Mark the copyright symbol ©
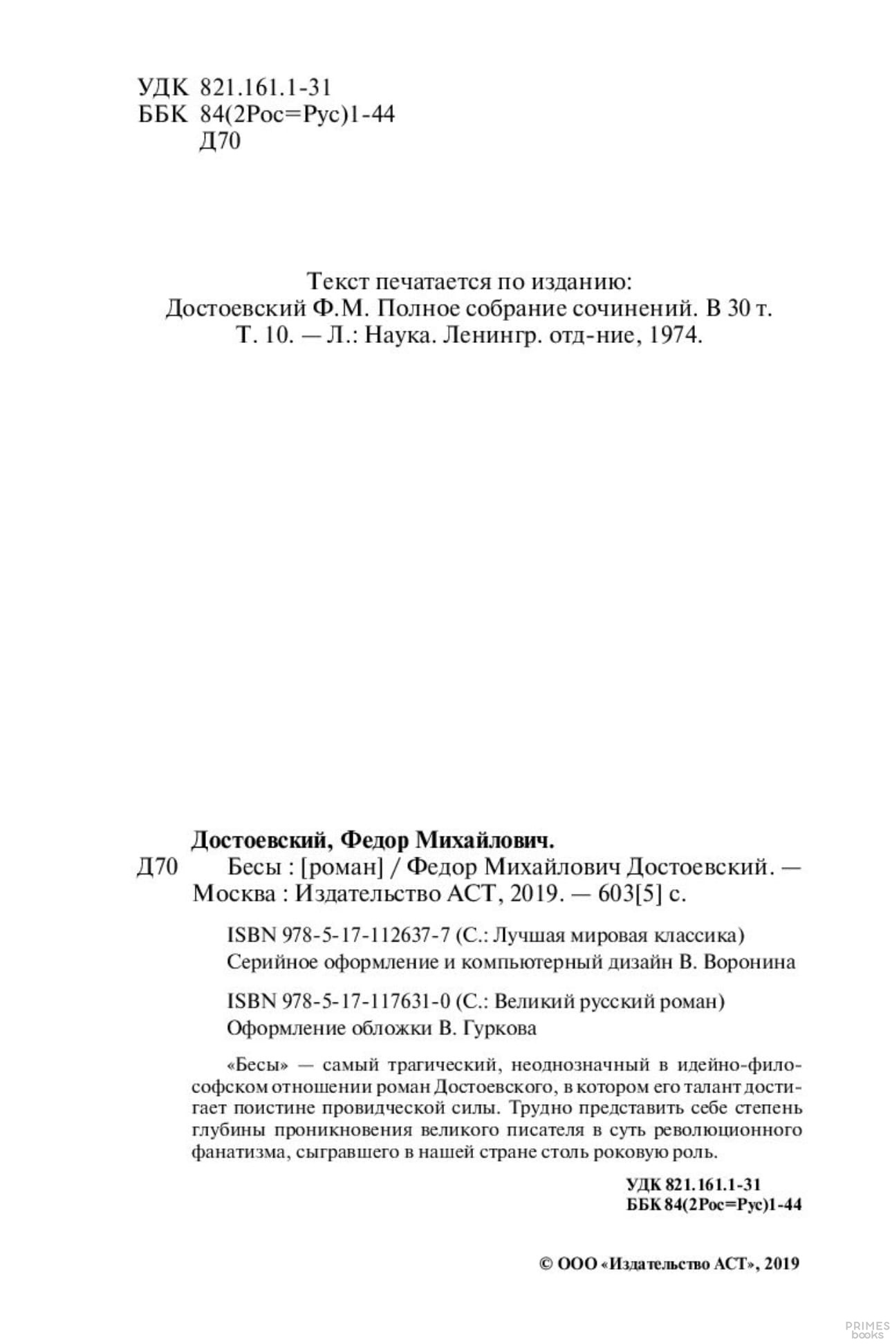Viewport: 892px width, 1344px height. coord(545,1264)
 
